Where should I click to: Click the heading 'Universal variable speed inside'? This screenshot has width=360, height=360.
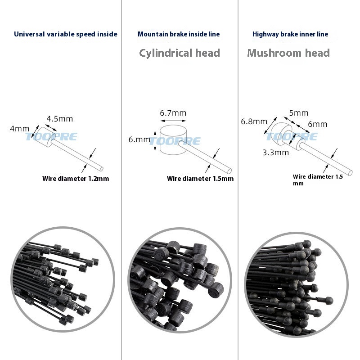pyautogui.click(x=66, y=34)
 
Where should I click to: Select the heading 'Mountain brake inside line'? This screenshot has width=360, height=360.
pyautogui.click(x=179, y=34)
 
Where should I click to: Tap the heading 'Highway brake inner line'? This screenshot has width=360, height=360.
pyautogui.click(x=290, y=34)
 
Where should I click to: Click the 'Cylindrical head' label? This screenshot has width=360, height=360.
pyautogui.click(x=180, y=53)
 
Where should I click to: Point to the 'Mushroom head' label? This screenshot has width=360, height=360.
pyautogui.click(x=288, y=53)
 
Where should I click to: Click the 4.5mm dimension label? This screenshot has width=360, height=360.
pyautogui.click(x=60, y=119)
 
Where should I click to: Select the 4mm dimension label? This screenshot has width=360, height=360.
pyautogui.click(x=20, y=129)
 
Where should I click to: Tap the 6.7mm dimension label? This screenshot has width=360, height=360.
pyautogui.click(x=173, y=113)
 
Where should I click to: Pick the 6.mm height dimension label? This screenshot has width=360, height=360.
pyautogui.click(x=139, y=139)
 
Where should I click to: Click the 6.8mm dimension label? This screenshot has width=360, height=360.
pyautogui.click(x=254, y=121)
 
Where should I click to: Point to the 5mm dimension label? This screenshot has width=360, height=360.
pyautogui.click(x=298, y=113)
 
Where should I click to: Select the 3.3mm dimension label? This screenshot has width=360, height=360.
pyautogui.click(x=275, y=153)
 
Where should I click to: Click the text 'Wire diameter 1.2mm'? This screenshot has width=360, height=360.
pyautogui.click(x=76, y=179)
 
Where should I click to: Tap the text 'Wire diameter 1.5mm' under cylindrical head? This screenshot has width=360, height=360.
pyautogui.click(x=200, y=179)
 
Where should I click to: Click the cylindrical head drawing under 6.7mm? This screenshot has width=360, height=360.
pyautogui.click(x=173, y=139)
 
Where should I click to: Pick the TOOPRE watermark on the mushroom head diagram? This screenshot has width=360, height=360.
pyautogui.click(x=292, y=137)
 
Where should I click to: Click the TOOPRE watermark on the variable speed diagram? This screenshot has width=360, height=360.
pyautogui.click(x=51, y=137)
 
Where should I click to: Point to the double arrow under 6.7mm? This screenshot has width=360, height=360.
pyautogui.click(x=173, y=121)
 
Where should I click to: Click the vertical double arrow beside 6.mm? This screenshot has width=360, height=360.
pyautogui.click(x=155, y=141)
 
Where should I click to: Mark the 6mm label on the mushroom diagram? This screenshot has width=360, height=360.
pyautogui.click(x=318, y=124)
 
